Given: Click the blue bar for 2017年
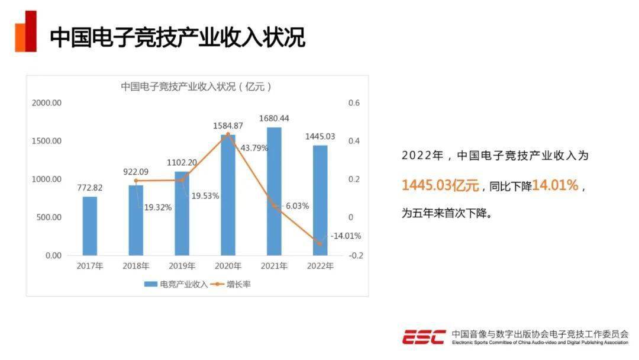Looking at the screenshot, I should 89,226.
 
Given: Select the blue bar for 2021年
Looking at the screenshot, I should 273,191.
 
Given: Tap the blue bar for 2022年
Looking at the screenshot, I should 320,200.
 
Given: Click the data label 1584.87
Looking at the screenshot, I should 228,126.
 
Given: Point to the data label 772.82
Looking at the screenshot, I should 90,188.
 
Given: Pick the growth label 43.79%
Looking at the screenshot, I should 254,147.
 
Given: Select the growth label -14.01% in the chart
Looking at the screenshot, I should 346,236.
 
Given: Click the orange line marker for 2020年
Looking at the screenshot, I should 228,134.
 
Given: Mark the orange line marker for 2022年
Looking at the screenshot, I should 320,243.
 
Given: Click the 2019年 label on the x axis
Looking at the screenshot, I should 182,266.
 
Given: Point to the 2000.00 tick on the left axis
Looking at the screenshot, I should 47,103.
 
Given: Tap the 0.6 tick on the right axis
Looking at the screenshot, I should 354,103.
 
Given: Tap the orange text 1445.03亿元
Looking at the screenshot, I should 440,185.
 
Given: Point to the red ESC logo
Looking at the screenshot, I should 424,337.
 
